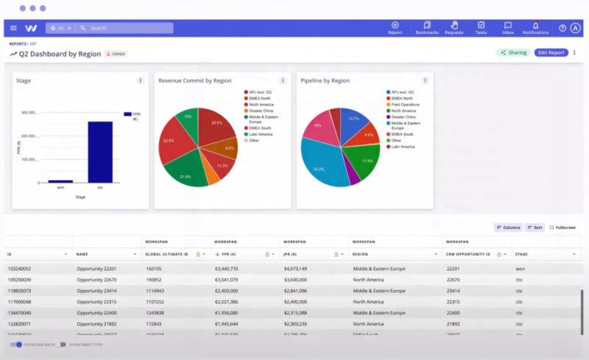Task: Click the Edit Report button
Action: click(x=551, y=53)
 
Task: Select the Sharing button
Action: click(x=513, y=53)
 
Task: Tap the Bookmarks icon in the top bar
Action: click(x=427, y=27)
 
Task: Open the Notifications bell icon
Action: click(x=535, y=27)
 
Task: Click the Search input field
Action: click(x=125, y=28)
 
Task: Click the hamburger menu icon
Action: click(x=13, y=28)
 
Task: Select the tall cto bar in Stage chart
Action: click(x=100, y=152)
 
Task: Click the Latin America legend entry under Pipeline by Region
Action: click(x=403, y=147)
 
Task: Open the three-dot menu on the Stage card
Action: click(x=140, y=81)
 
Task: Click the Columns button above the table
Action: click(x=508, y=227)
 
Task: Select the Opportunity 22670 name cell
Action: click(x=97, y=280)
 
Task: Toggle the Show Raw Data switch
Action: click(x=15, y=345)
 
